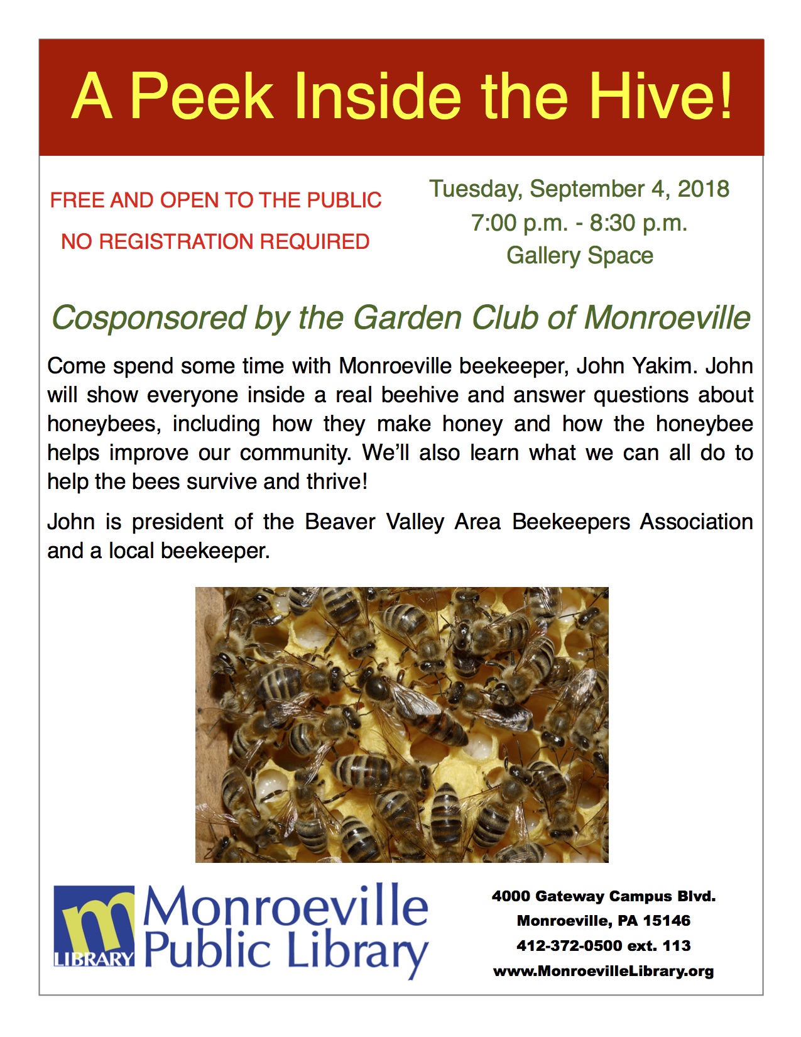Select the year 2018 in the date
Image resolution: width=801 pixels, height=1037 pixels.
click(703, 189)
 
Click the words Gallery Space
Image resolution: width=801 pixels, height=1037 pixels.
click(580, 256)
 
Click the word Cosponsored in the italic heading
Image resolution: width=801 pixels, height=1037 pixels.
click(148, 318)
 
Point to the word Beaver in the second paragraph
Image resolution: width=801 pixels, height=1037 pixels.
click(340, 522)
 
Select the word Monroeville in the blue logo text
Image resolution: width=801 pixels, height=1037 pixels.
click(286, 907)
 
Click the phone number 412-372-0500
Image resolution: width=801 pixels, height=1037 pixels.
click(569, 946)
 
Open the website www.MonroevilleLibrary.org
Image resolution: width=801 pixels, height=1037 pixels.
click(604, 971)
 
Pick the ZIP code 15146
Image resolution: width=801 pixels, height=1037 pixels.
click(667, 921)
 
